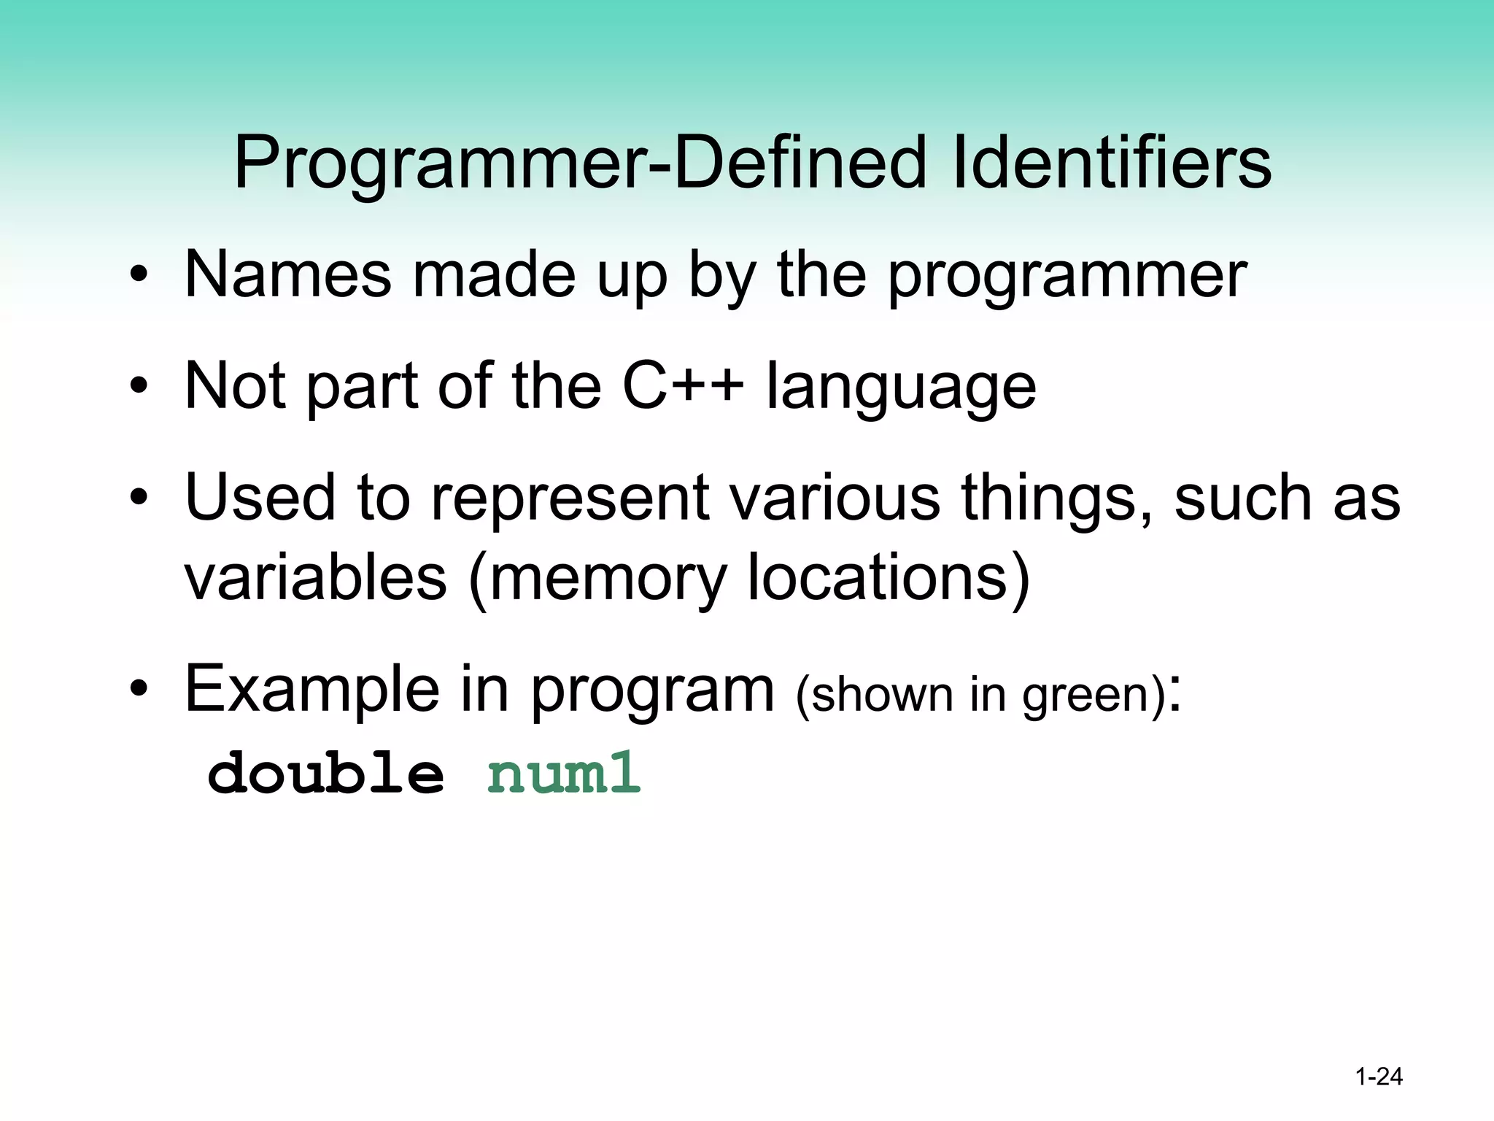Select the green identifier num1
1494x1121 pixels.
pos(563,774)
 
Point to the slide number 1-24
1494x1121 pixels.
pos(1379,1077)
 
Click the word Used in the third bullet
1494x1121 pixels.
pos(260,498)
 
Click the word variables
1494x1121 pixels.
pos(315,577)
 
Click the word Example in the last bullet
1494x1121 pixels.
pos(312,689)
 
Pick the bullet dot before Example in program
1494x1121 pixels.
pos(139,689)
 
